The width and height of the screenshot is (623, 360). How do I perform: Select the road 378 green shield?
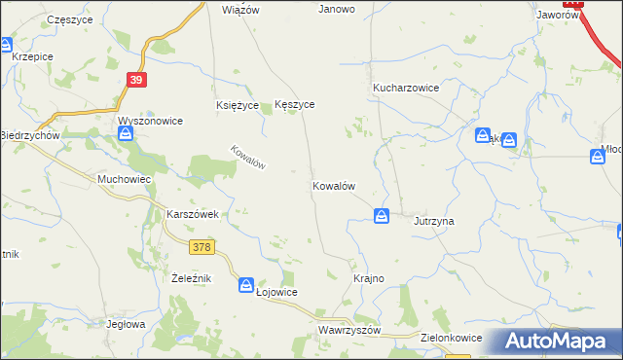pos(202,247)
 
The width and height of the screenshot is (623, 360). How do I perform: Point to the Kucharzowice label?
pos(406,88)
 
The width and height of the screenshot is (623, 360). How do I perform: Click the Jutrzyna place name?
pos(434,221)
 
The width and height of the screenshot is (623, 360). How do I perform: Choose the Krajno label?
pos(368,278)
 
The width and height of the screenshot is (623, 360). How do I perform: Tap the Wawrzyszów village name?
pos(348,330)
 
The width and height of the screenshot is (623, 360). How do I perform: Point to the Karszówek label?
pos(197,213)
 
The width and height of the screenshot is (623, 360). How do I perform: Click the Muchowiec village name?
pos(123,180)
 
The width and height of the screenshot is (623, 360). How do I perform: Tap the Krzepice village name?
pos(32,56)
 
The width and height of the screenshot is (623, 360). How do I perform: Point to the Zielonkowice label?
pos(449,336)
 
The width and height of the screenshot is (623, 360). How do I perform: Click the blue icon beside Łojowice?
pos(246,284)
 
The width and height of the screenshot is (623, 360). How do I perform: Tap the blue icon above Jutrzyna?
pos(383,215)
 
